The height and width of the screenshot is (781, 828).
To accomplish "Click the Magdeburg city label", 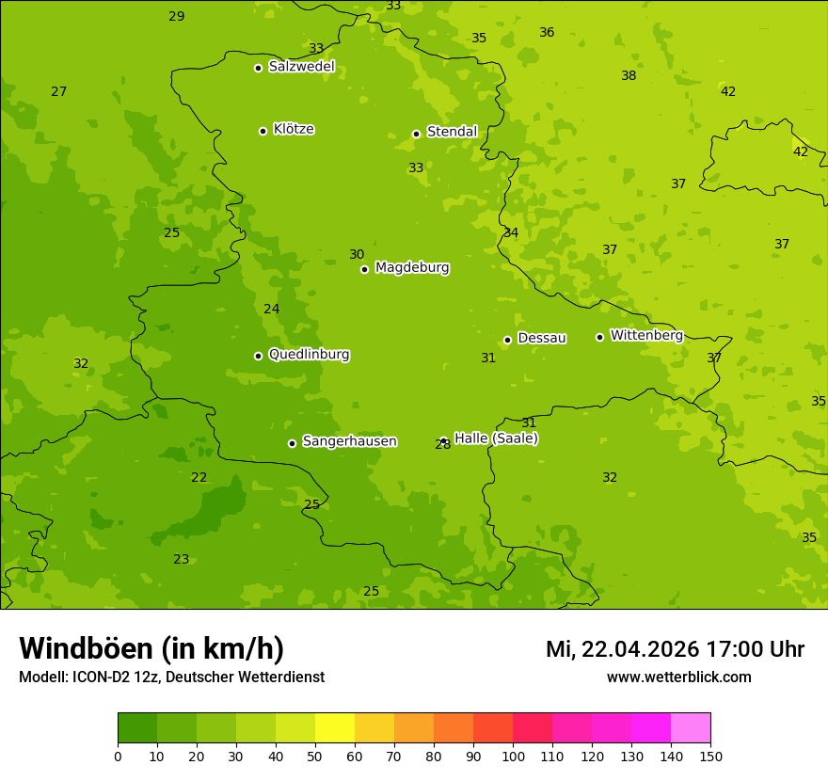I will [411, 268].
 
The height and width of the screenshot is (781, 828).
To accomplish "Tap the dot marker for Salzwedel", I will [258, 68].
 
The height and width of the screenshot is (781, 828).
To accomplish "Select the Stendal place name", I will [452, 132].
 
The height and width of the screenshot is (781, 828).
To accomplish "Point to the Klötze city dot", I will [263, 131].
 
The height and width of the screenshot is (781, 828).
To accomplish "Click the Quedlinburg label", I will [309, 355].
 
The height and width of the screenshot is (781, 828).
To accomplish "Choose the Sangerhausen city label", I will [349, 441].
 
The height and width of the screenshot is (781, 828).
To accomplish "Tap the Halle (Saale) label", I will [496, 438].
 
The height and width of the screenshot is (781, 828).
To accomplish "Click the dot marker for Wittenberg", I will [599, 337].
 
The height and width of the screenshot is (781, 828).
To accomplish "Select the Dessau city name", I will [542, 338].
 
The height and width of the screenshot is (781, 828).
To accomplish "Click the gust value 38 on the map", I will [629, 75].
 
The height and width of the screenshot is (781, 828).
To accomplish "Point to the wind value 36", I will [547, 32].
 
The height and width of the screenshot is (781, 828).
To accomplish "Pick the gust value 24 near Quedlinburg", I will [271, 309].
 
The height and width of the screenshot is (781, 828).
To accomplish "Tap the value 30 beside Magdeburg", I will [357, 254].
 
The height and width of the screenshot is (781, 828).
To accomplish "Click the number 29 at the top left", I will [176, 16].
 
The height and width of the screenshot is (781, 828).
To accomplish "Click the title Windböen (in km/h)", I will [151, 648].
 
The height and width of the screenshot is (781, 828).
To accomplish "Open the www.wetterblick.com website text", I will [678, 677].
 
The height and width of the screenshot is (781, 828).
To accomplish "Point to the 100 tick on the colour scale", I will [513, 756].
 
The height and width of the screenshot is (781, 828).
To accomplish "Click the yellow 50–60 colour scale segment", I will [335, 728].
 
